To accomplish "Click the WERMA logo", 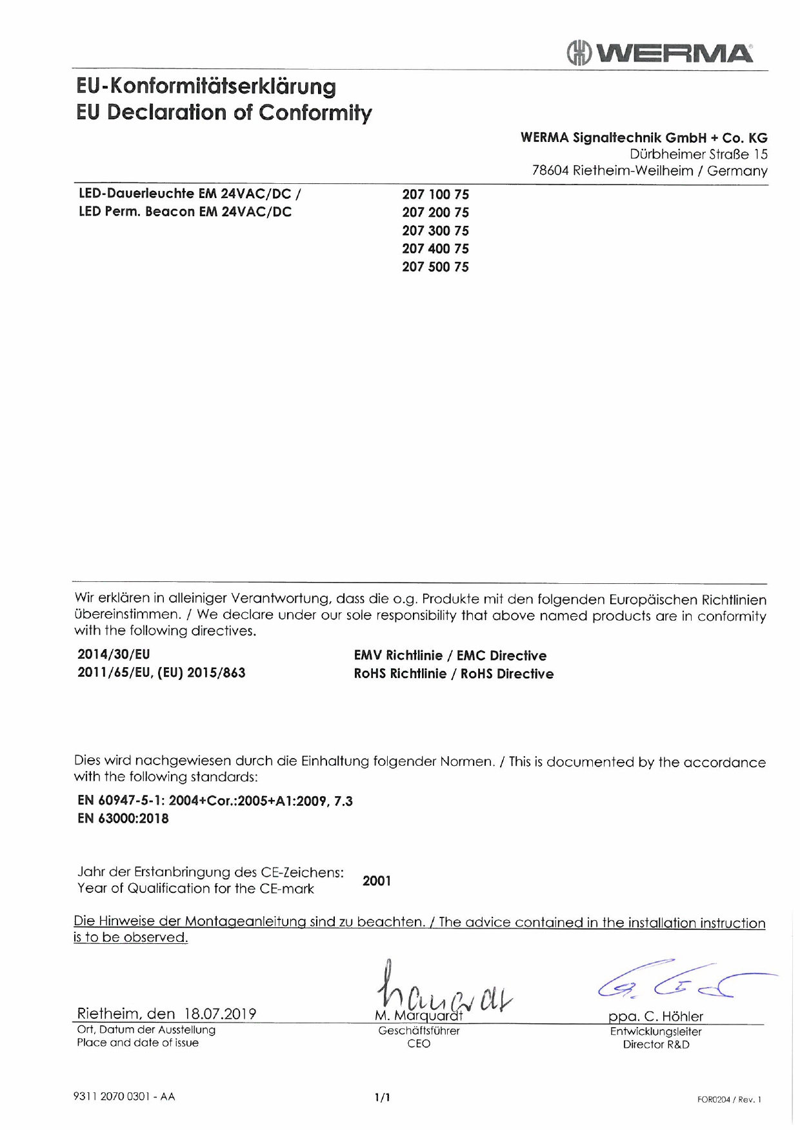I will (659, 53).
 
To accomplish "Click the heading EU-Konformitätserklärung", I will (206, 86).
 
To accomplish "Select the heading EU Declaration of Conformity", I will (224, 112).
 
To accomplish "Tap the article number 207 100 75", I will (435, 194).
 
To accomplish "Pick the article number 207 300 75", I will (435, 230).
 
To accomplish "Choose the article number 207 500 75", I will (435, 266).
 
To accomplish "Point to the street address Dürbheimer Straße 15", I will (699, 154).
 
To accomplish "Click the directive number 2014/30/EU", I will (114, 654).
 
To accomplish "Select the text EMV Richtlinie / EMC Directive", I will (450, 656).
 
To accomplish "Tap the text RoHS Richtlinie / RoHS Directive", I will (454, 674).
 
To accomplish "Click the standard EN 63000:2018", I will (123, 818).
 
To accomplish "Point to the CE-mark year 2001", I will (377, 881).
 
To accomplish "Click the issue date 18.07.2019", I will (220, 1013).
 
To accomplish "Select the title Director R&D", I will (655, 1044).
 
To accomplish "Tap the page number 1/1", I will (383, 1097).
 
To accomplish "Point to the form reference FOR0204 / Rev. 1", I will (729, 1099).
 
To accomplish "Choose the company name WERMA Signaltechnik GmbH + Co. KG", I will (644, 137).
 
